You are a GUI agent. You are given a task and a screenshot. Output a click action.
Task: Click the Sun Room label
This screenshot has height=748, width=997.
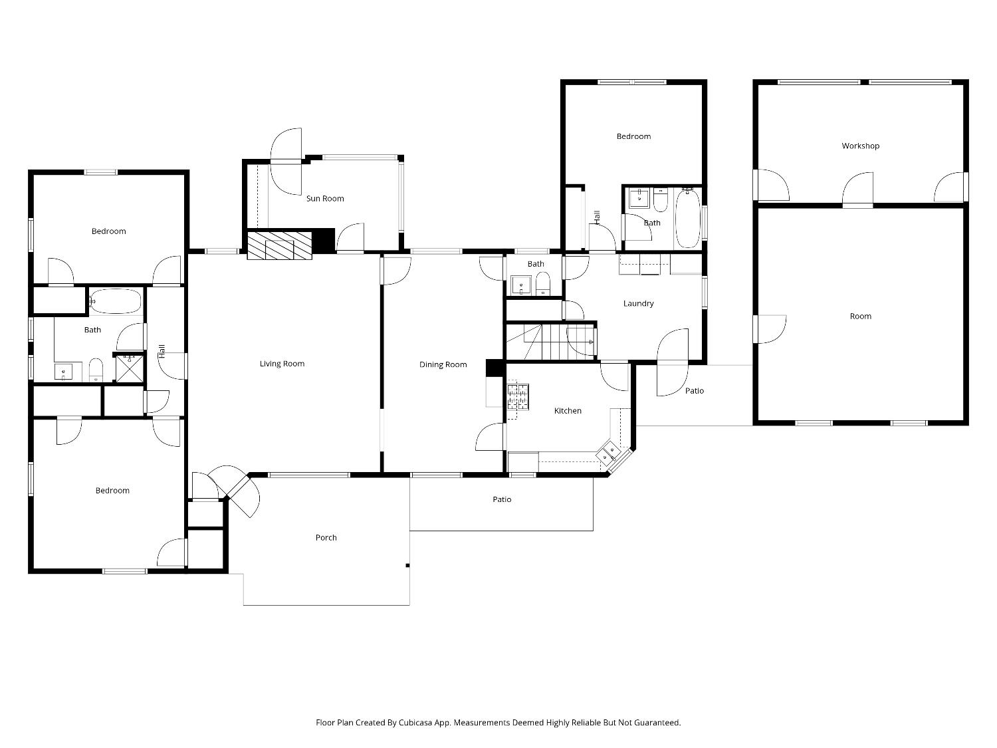click(x=325, y=198)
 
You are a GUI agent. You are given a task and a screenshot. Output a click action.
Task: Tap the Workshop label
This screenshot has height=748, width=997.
click(x=860, y=146)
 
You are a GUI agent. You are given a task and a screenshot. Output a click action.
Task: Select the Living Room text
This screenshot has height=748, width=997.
click(x=282, y=364)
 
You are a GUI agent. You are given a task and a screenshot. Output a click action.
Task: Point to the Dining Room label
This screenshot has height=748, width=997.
click(x=443, y=364)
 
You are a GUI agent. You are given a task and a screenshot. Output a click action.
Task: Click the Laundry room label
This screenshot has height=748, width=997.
click(x=638, y=303)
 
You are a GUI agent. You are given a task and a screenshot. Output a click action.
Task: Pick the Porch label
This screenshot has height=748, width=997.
click(x=326, y=537)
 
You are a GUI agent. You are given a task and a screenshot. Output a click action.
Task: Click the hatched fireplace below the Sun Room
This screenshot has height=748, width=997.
click(x=279, y=245)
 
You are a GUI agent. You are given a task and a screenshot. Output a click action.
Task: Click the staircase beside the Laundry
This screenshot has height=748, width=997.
click(x=550, y=342)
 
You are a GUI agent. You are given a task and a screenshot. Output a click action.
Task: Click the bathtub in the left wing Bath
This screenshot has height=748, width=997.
click(x=116, y=301)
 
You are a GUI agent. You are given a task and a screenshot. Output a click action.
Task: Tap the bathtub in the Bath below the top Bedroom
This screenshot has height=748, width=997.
click(x=687, y=218)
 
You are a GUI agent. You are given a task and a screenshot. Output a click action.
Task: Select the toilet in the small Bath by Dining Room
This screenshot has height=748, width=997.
click(x=543, y=284)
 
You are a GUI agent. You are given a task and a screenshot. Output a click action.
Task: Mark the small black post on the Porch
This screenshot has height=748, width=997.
click(x=407, y=566)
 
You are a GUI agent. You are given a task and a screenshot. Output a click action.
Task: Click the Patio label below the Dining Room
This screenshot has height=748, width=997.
click(x=502, y=499)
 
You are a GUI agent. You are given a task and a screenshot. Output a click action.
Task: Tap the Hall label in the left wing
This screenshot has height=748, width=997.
click(x=162, y=351)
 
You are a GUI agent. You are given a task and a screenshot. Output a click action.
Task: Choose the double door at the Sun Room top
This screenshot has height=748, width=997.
click(x=286, y=161)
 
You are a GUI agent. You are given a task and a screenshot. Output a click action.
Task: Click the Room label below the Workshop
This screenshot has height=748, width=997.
click(x=860, y=316)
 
